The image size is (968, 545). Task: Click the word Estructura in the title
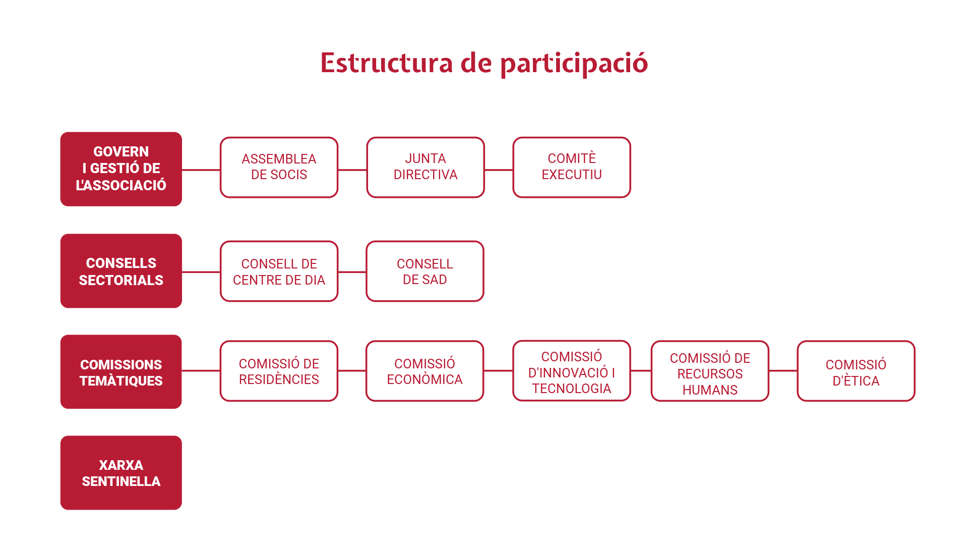(387, 63)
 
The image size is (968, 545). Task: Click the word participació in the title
(574, 64)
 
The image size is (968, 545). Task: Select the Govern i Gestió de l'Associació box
(121, 169)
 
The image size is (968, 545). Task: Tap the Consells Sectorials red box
(121, 271)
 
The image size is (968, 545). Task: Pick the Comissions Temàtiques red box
(121, 372)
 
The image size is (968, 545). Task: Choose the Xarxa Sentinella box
(121, 473)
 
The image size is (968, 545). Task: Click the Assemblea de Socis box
(279, 167)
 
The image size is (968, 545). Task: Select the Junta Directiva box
(426, 167)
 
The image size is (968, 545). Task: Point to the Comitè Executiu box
(572, 167)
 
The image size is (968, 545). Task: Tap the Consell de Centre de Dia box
(279, 271)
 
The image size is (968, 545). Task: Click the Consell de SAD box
(425, 271)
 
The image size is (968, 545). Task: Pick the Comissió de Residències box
(279, 371)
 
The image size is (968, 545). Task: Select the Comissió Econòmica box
(425, 371)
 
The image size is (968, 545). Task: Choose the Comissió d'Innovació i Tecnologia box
(572, 371)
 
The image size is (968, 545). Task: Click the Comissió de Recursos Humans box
(710, 371)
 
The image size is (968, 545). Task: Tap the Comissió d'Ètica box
(856, 371)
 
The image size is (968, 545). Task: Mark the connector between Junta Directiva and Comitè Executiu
(499, 170)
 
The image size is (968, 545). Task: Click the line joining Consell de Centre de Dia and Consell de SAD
(352, 272)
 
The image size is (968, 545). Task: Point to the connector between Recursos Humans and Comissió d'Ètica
(783, 371)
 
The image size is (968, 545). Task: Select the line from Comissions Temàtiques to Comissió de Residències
(201, 371)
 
